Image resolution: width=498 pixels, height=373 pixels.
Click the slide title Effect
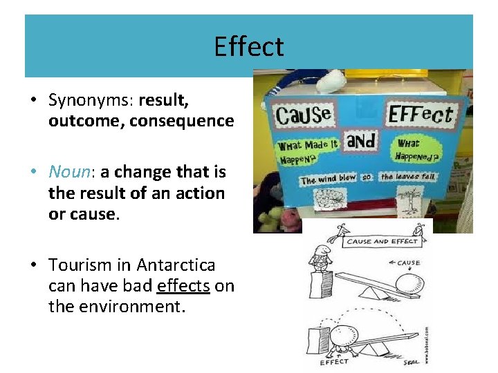[248, 47]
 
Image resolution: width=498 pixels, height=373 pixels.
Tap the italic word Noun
[68, 171]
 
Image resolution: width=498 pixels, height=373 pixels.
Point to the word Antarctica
[176, 265]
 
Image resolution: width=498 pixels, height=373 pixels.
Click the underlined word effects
[183, 286]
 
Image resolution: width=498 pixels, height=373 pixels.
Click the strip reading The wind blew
[328, 178]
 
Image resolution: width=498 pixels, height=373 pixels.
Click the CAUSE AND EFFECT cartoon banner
[381, 242]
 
